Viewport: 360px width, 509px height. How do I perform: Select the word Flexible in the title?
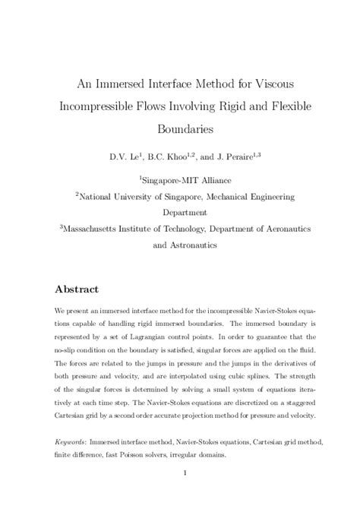point(281,104)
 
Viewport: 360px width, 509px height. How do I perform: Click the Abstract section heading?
point(82,290)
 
